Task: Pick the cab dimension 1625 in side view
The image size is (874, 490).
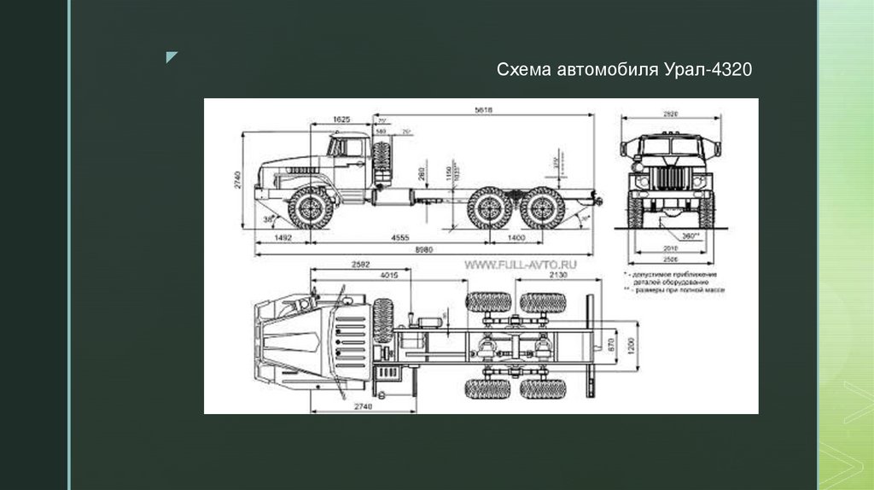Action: tap(341, 120)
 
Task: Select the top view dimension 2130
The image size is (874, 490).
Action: tap(558, 275)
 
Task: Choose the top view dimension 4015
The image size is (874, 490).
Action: tap(390, 275)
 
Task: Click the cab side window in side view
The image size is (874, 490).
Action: tap(351, 147)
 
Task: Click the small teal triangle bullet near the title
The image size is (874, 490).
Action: tap(172, 58)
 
